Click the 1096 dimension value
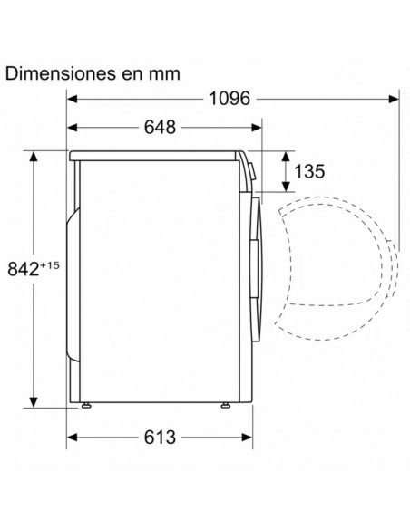[229, 99]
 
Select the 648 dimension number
[160, 127]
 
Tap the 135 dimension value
[309, 171]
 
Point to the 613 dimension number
[160, 438]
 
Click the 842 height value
[24, 269]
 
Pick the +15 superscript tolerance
[50, 265]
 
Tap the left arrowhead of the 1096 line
[72, 99]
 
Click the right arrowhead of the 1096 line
[394, 99]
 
